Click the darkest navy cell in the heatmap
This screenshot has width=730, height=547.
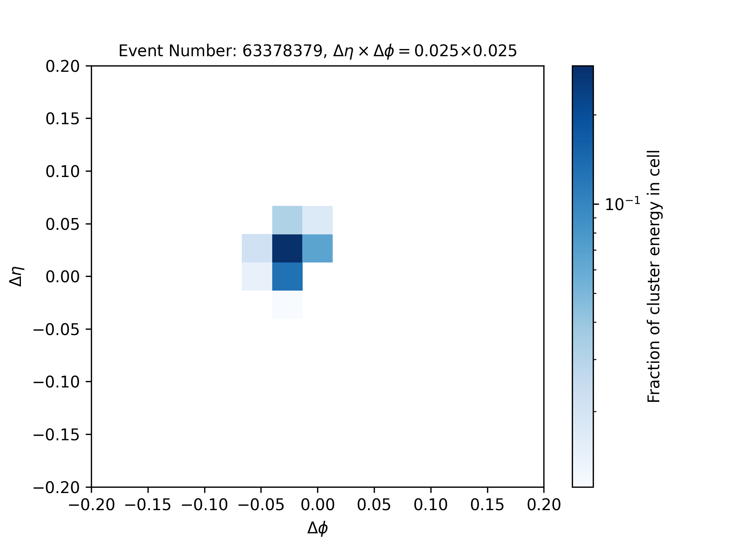point(287,248)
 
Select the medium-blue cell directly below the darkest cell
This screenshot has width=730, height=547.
point(287,277)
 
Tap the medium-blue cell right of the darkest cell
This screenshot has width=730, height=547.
point(317,248)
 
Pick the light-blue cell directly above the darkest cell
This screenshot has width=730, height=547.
point(287,220)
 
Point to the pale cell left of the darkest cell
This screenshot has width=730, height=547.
point(257,248)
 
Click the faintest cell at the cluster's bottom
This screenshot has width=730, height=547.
point(287,305)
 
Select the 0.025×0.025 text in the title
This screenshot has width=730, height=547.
point(465,51)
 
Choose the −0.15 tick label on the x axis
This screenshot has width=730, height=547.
point(148,505)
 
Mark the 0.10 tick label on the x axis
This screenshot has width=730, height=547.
point(431,505)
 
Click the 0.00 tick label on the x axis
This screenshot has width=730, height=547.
point(317,505)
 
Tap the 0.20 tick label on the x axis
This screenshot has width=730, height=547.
point(544,505)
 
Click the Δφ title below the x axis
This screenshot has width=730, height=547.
point(317,528)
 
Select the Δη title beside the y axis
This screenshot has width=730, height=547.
point(17,276)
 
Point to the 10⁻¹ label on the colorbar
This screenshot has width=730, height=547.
point(622,204)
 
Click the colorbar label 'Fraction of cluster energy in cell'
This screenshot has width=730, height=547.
point(654,276)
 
